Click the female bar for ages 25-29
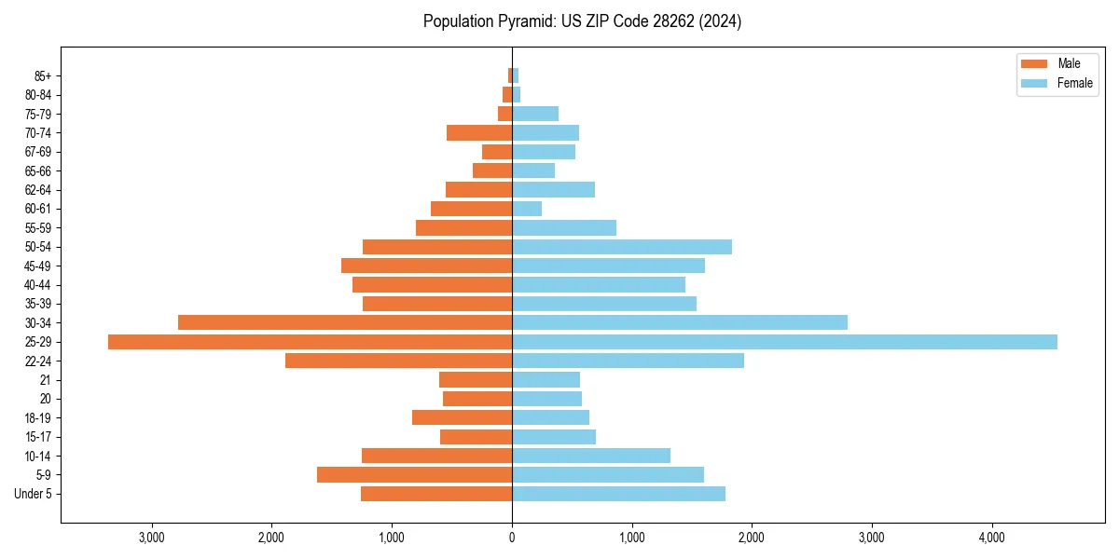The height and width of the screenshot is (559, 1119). coord(784,342)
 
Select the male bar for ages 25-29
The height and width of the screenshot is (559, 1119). coord(310,342)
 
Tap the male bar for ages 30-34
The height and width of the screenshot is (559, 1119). coord(345,322)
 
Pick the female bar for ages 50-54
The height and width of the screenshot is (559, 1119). coord(622,247)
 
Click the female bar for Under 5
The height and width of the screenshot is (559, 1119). coord(618,494)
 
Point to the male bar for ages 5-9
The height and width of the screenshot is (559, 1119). coord(414,475)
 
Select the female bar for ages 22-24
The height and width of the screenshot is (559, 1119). coord(628,361)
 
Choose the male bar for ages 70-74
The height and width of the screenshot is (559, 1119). coord(479,132)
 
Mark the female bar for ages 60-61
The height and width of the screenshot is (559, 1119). coord(527,209)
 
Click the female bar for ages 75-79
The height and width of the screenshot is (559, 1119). coord(535,114)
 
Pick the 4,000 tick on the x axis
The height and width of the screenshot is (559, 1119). coord(991,538)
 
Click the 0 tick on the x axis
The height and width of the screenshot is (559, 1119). coord(512,538)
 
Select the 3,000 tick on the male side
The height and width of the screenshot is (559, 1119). coord(151,538)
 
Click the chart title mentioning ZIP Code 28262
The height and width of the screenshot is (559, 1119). coord(582,21)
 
